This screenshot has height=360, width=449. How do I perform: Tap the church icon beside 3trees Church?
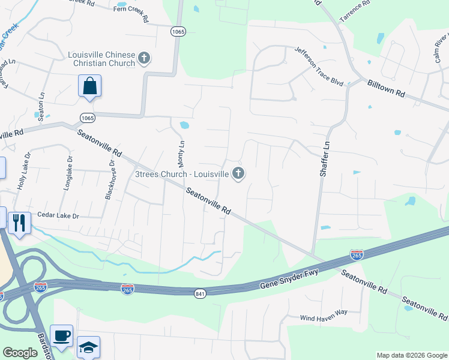point(238,174)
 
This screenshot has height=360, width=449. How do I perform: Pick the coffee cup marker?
point(61,335)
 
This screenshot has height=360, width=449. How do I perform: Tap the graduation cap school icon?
point(88,347)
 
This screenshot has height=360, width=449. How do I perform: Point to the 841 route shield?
point(200,293)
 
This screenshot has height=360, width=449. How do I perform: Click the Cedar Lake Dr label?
point(58,214)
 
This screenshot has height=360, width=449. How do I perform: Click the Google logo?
point(20,353)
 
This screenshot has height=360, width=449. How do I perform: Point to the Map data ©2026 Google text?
point(411,355)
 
